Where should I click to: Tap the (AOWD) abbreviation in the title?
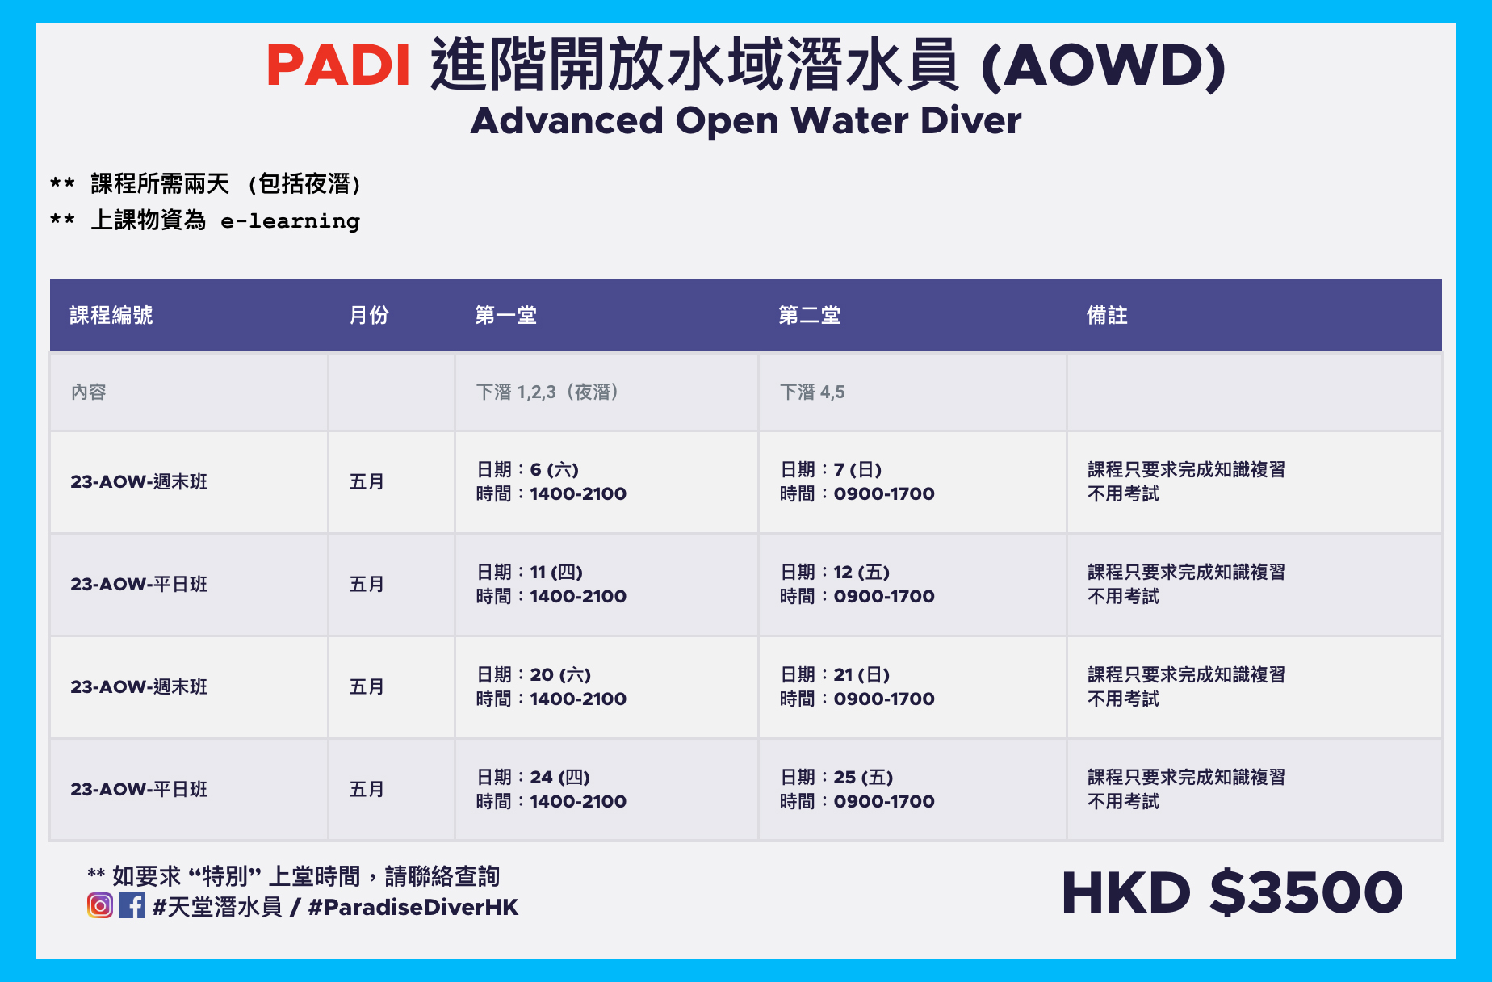pos(1104,66)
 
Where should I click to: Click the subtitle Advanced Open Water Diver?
pos(746,121)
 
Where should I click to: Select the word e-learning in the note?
pos(291,220)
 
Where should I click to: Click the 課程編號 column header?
pos(111,315)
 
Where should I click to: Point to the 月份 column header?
pos(369,315)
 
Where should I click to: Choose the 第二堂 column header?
pos(810,315)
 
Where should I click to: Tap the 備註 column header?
pos(1107,315)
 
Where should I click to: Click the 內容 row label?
pos(89,392)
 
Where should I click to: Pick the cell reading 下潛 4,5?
pos(812,392)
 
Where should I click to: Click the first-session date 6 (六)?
pos(555,469)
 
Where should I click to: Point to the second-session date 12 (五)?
pos(861,572)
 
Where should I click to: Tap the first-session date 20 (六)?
pos(560,674)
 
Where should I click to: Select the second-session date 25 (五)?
pos(863,777)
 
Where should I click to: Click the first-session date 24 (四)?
pos(560,777)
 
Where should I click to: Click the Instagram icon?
pos(100,905)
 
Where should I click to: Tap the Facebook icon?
pos(132,905)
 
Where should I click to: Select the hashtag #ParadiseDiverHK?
pos(413,907)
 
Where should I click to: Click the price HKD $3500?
pos(1232,892)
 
